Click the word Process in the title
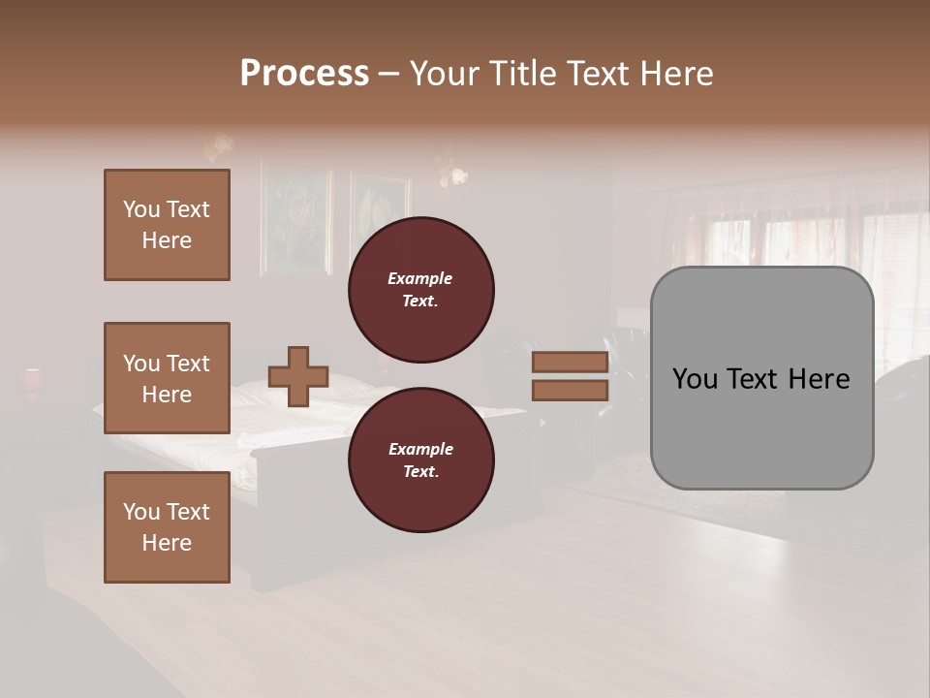click(x=304, y=74)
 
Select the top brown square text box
click(x=167, y=225)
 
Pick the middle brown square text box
click(x=167, y=378)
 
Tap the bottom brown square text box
click(x=167, y=527)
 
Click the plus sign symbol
click(x=297, y=376)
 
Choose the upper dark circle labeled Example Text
click(x=420, y=290)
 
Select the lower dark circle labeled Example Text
click(x=420, y=460)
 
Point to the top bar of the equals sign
click(x=570, y=363)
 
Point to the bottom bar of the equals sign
click(x=570, y=390)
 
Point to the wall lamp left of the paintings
click(x=218, y=145)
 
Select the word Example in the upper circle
click(x=419, y=278)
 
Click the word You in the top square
click(x=141, y=209)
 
